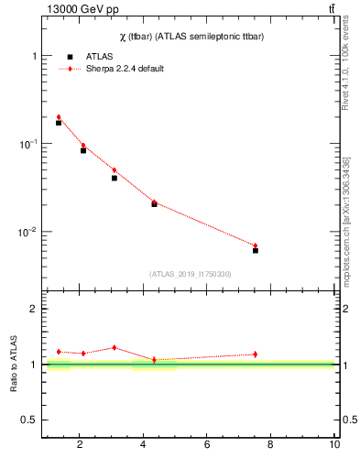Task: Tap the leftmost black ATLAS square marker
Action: [x=59, y=122]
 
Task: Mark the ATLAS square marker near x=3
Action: [x=115, y=178]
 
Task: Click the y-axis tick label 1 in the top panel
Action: [x=35, y=56]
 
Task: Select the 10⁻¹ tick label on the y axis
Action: [x=30, y=144]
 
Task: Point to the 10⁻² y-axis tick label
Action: [x=30, y=232]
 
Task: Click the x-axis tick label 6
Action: [x=207, y=445]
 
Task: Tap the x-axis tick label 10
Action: [x=334, y=445]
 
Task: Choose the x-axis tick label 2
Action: [x=80, y=445]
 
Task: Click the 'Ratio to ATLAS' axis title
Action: [x=14, y=365]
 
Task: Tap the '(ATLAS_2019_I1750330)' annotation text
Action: [x=190, y=274]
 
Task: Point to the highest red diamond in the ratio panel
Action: [x=115, y=347]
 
